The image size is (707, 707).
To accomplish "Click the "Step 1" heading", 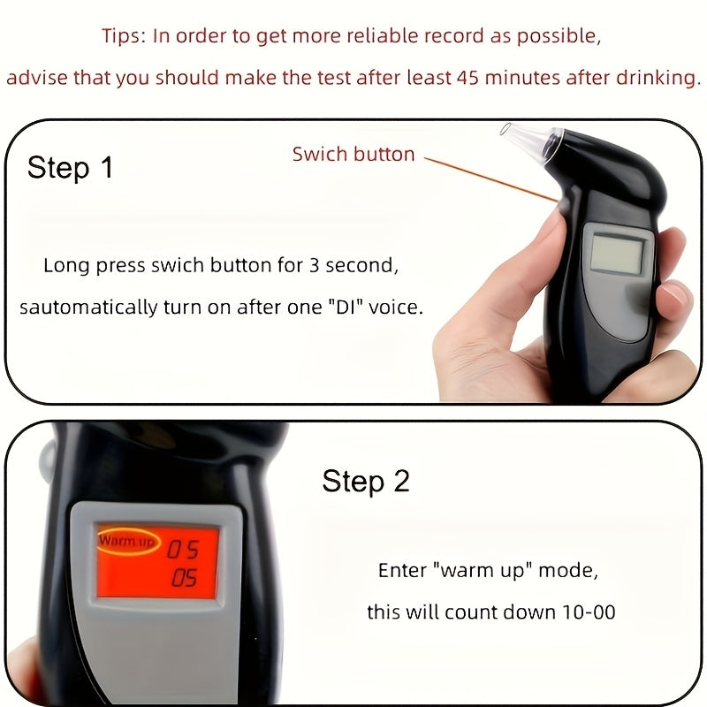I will tap(71, 167).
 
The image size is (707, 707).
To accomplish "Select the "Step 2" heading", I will tap(366, 482).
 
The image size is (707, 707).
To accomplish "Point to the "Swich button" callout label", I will tap(353, 154).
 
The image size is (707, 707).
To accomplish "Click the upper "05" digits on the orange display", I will tap(184, 550).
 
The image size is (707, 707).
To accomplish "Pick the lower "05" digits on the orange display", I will tap(184, 579).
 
